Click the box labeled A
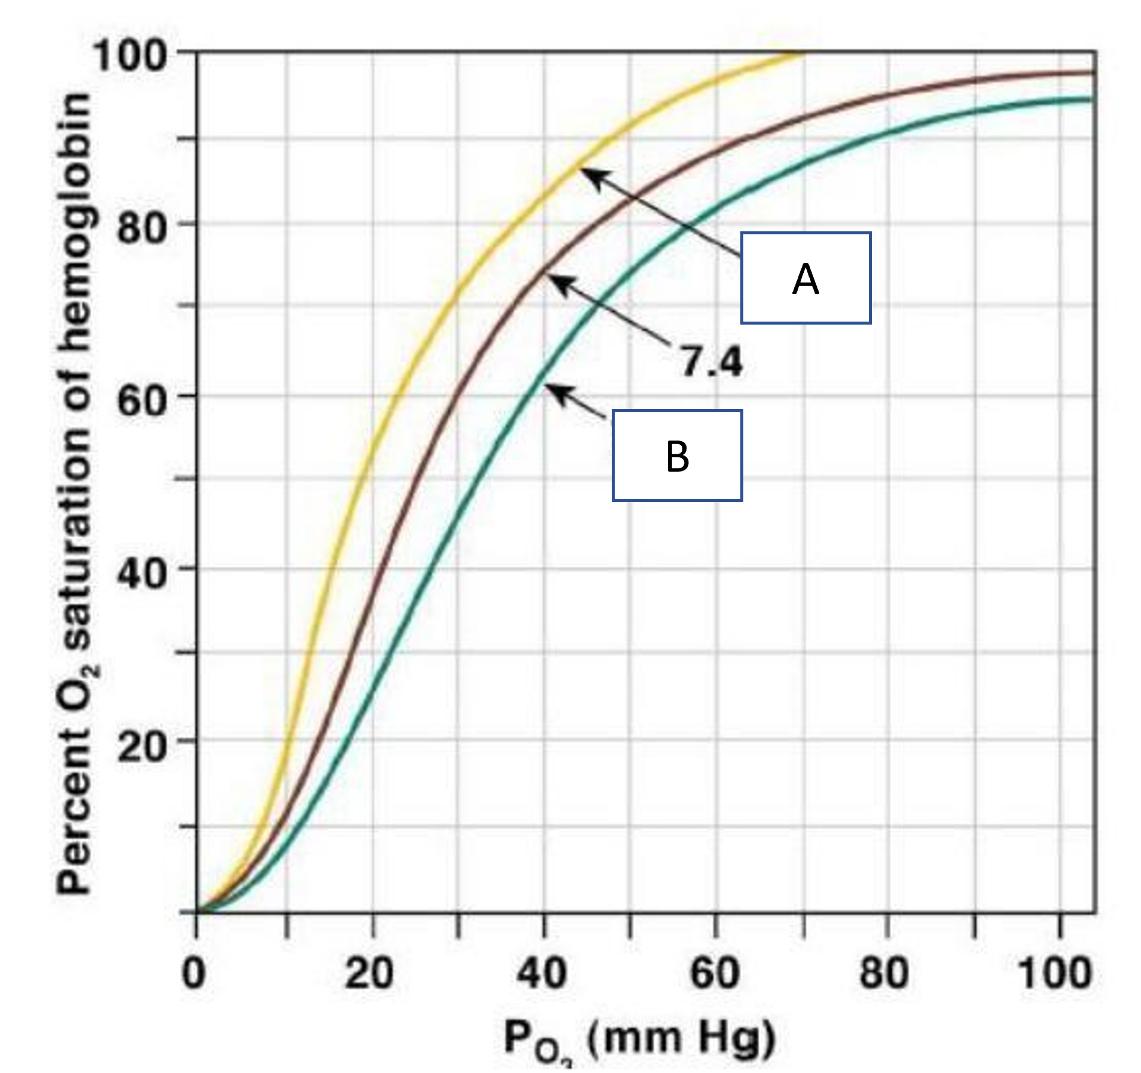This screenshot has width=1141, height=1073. point(805,279)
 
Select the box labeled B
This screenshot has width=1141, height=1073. point(677,456)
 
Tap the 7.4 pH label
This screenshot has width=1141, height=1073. point(712,362)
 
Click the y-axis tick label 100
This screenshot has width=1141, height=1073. point(129,56)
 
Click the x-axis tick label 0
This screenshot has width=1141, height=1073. point(193,973)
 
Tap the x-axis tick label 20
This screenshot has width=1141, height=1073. point(369,973)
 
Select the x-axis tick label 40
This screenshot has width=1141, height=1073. point(541,973)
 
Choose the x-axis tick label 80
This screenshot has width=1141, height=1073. point(884,973)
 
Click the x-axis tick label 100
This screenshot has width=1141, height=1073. point(1055,973)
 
